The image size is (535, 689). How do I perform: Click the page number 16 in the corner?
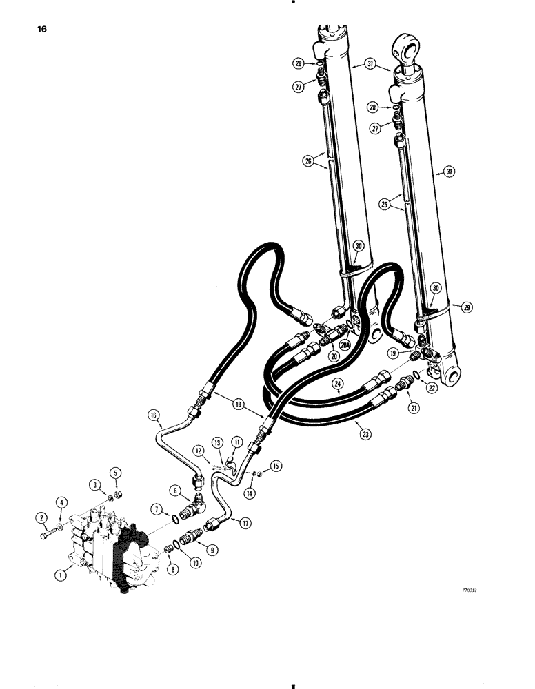pyautogui.click(x=33, y=31)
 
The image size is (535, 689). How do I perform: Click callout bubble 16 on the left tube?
pyautogui.click(x=153, y=415)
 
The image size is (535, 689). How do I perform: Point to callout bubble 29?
pyautogui.click(x=467, y=307)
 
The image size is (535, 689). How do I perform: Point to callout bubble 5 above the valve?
pyautogui.click(x=116, y=473)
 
